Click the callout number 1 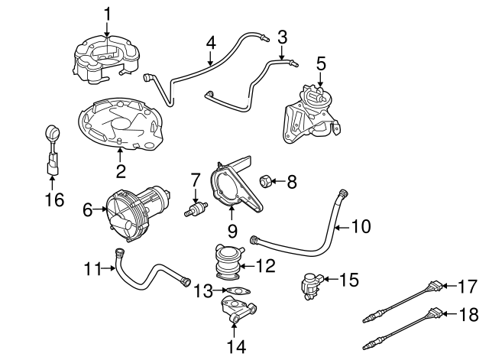[108, 13]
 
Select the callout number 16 [52, 199]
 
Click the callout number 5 [320, 63]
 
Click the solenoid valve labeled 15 [314, 285]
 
